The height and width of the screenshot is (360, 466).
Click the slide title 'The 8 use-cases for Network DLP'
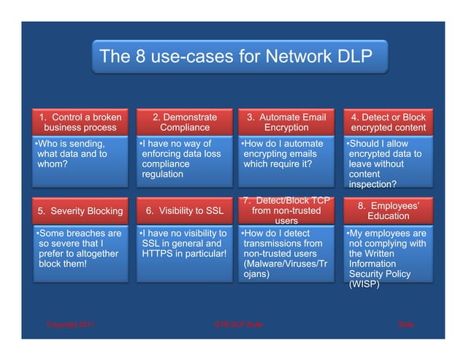click(x=235, y=56)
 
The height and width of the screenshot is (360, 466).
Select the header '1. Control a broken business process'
click(x=80, y=122)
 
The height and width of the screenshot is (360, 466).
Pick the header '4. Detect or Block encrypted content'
click(x=388, y=122)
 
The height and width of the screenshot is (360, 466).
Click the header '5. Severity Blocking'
click(x=80, y=212)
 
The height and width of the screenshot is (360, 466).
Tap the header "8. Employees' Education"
click(x=388, y=210)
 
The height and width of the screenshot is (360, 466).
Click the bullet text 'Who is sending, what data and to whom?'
click(x=73, y=154)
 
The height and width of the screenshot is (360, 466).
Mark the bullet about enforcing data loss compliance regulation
click(x=180, y=159)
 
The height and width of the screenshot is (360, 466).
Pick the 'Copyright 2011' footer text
click(x=70, y=323)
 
